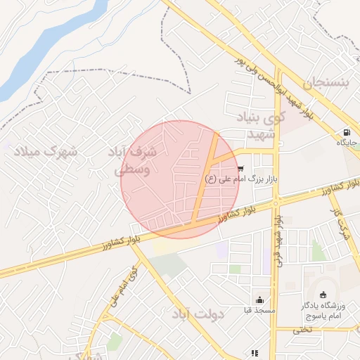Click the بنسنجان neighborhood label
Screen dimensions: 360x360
[x=326, y=83]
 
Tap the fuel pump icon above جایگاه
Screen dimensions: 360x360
[x=347, y=132]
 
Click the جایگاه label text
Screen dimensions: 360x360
[x=347, y=143]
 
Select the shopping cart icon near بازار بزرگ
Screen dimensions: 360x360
[x=241, y=169]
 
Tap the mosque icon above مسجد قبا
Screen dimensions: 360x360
[x=259, y=300]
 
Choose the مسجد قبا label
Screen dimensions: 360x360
[x=259, y=310]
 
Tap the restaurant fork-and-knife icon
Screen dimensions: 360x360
[x=255, y=352]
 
